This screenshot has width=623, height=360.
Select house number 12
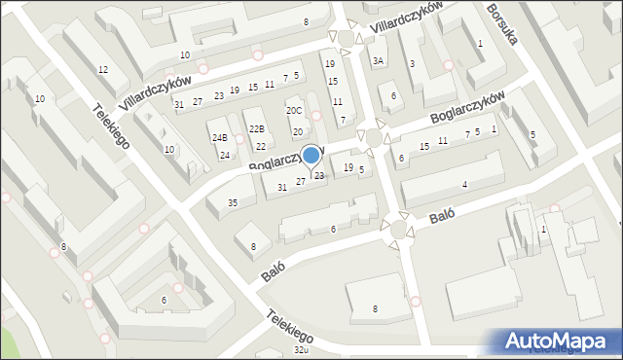tap(102, 69)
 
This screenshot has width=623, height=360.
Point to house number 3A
tap(379, 61)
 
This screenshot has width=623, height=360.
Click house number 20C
tap(294, 111)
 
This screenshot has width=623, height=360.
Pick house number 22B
tap(256, 128)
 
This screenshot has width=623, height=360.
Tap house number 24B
tap(220, 138)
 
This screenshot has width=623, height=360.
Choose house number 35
tap(233, 202)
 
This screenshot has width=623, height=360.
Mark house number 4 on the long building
tap(465, 185)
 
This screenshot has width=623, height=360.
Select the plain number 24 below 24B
tap(224, 156)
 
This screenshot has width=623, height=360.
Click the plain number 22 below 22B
tap(261, 147)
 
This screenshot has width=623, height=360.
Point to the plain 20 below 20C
tap(298, 131)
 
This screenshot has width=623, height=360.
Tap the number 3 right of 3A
tap(412, 64)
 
